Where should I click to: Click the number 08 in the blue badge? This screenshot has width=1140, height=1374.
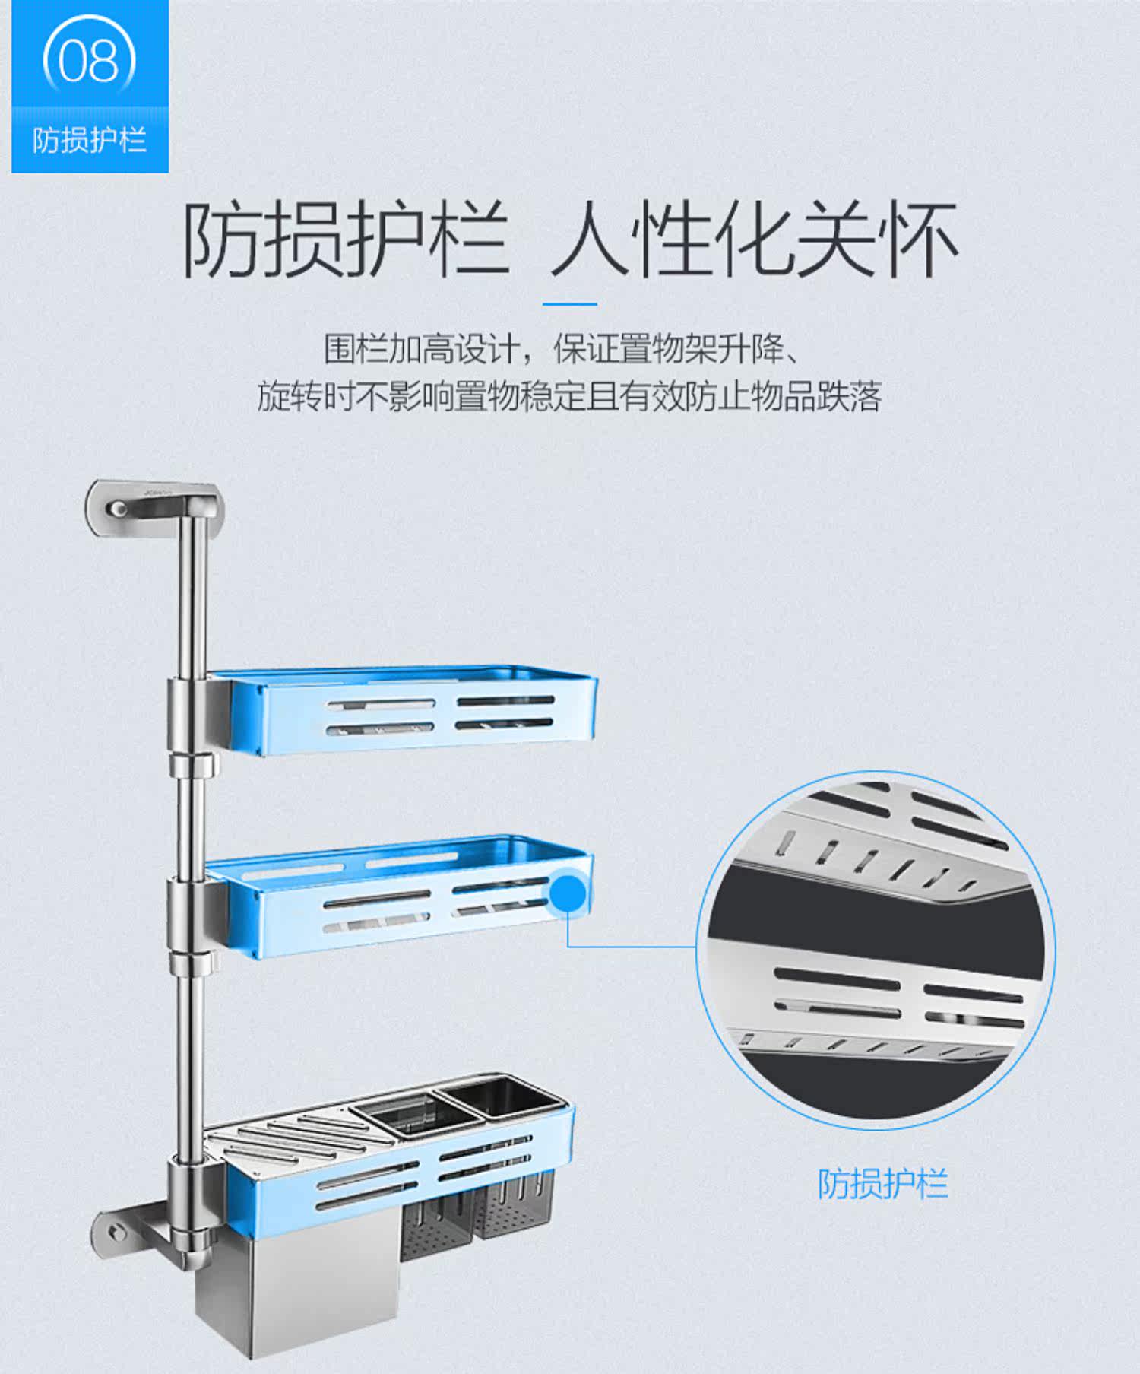(x=89, y=61)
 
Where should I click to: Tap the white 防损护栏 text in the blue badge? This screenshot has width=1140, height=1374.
(x=90, y=140)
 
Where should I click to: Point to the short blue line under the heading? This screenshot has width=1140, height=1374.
(x=570, y=304)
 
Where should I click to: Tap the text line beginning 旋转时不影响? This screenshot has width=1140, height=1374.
(x=569, y=396)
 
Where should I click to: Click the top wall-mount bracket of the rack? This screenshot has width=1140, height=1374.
(x=154, y=502)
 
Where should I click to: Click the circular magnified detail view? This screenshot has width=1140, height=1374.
(x=876, y=950)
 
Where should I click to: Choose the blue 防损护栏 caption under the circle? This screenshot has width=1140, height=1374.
(x=883, y=1183)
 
